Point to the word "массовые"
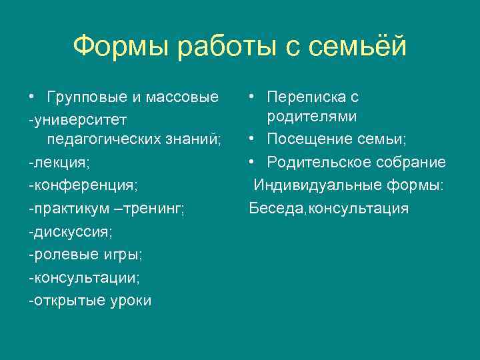coord(181,97)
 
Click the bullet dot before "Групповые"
coord(32,97)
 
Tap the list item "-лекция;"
coord(59,163)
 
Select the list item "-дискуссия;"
coord(71,231)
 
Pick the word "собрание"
coord(411,163)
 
